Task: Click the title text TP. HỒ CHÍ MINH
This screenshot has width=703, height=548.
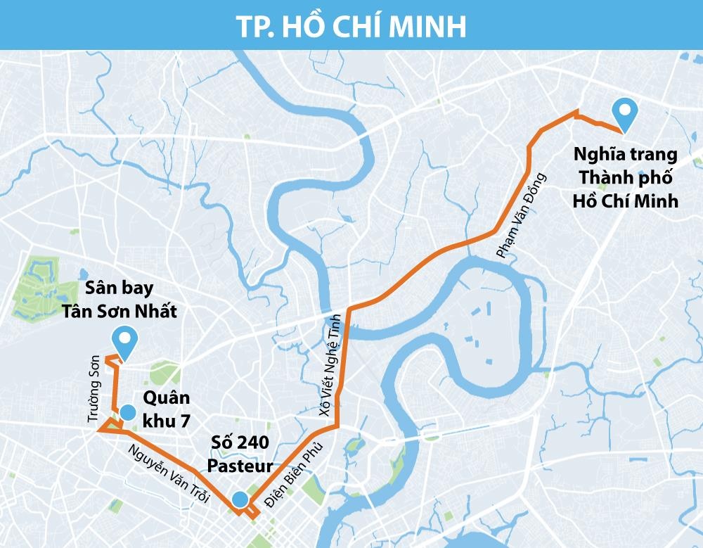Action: click(x=351, y=25)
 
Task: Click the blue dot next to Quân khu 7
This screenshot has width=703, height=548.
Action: click(x=127, y=412)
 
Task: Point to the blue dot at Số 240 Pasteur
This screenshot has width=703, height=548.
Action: click(x=240, y=499)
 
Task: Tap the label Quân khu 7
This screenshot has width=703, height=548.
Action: click(x=166, y=409)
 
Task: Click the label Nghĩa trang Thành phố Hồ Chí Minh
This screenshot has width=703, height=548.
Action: click(x=625, y=177)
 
